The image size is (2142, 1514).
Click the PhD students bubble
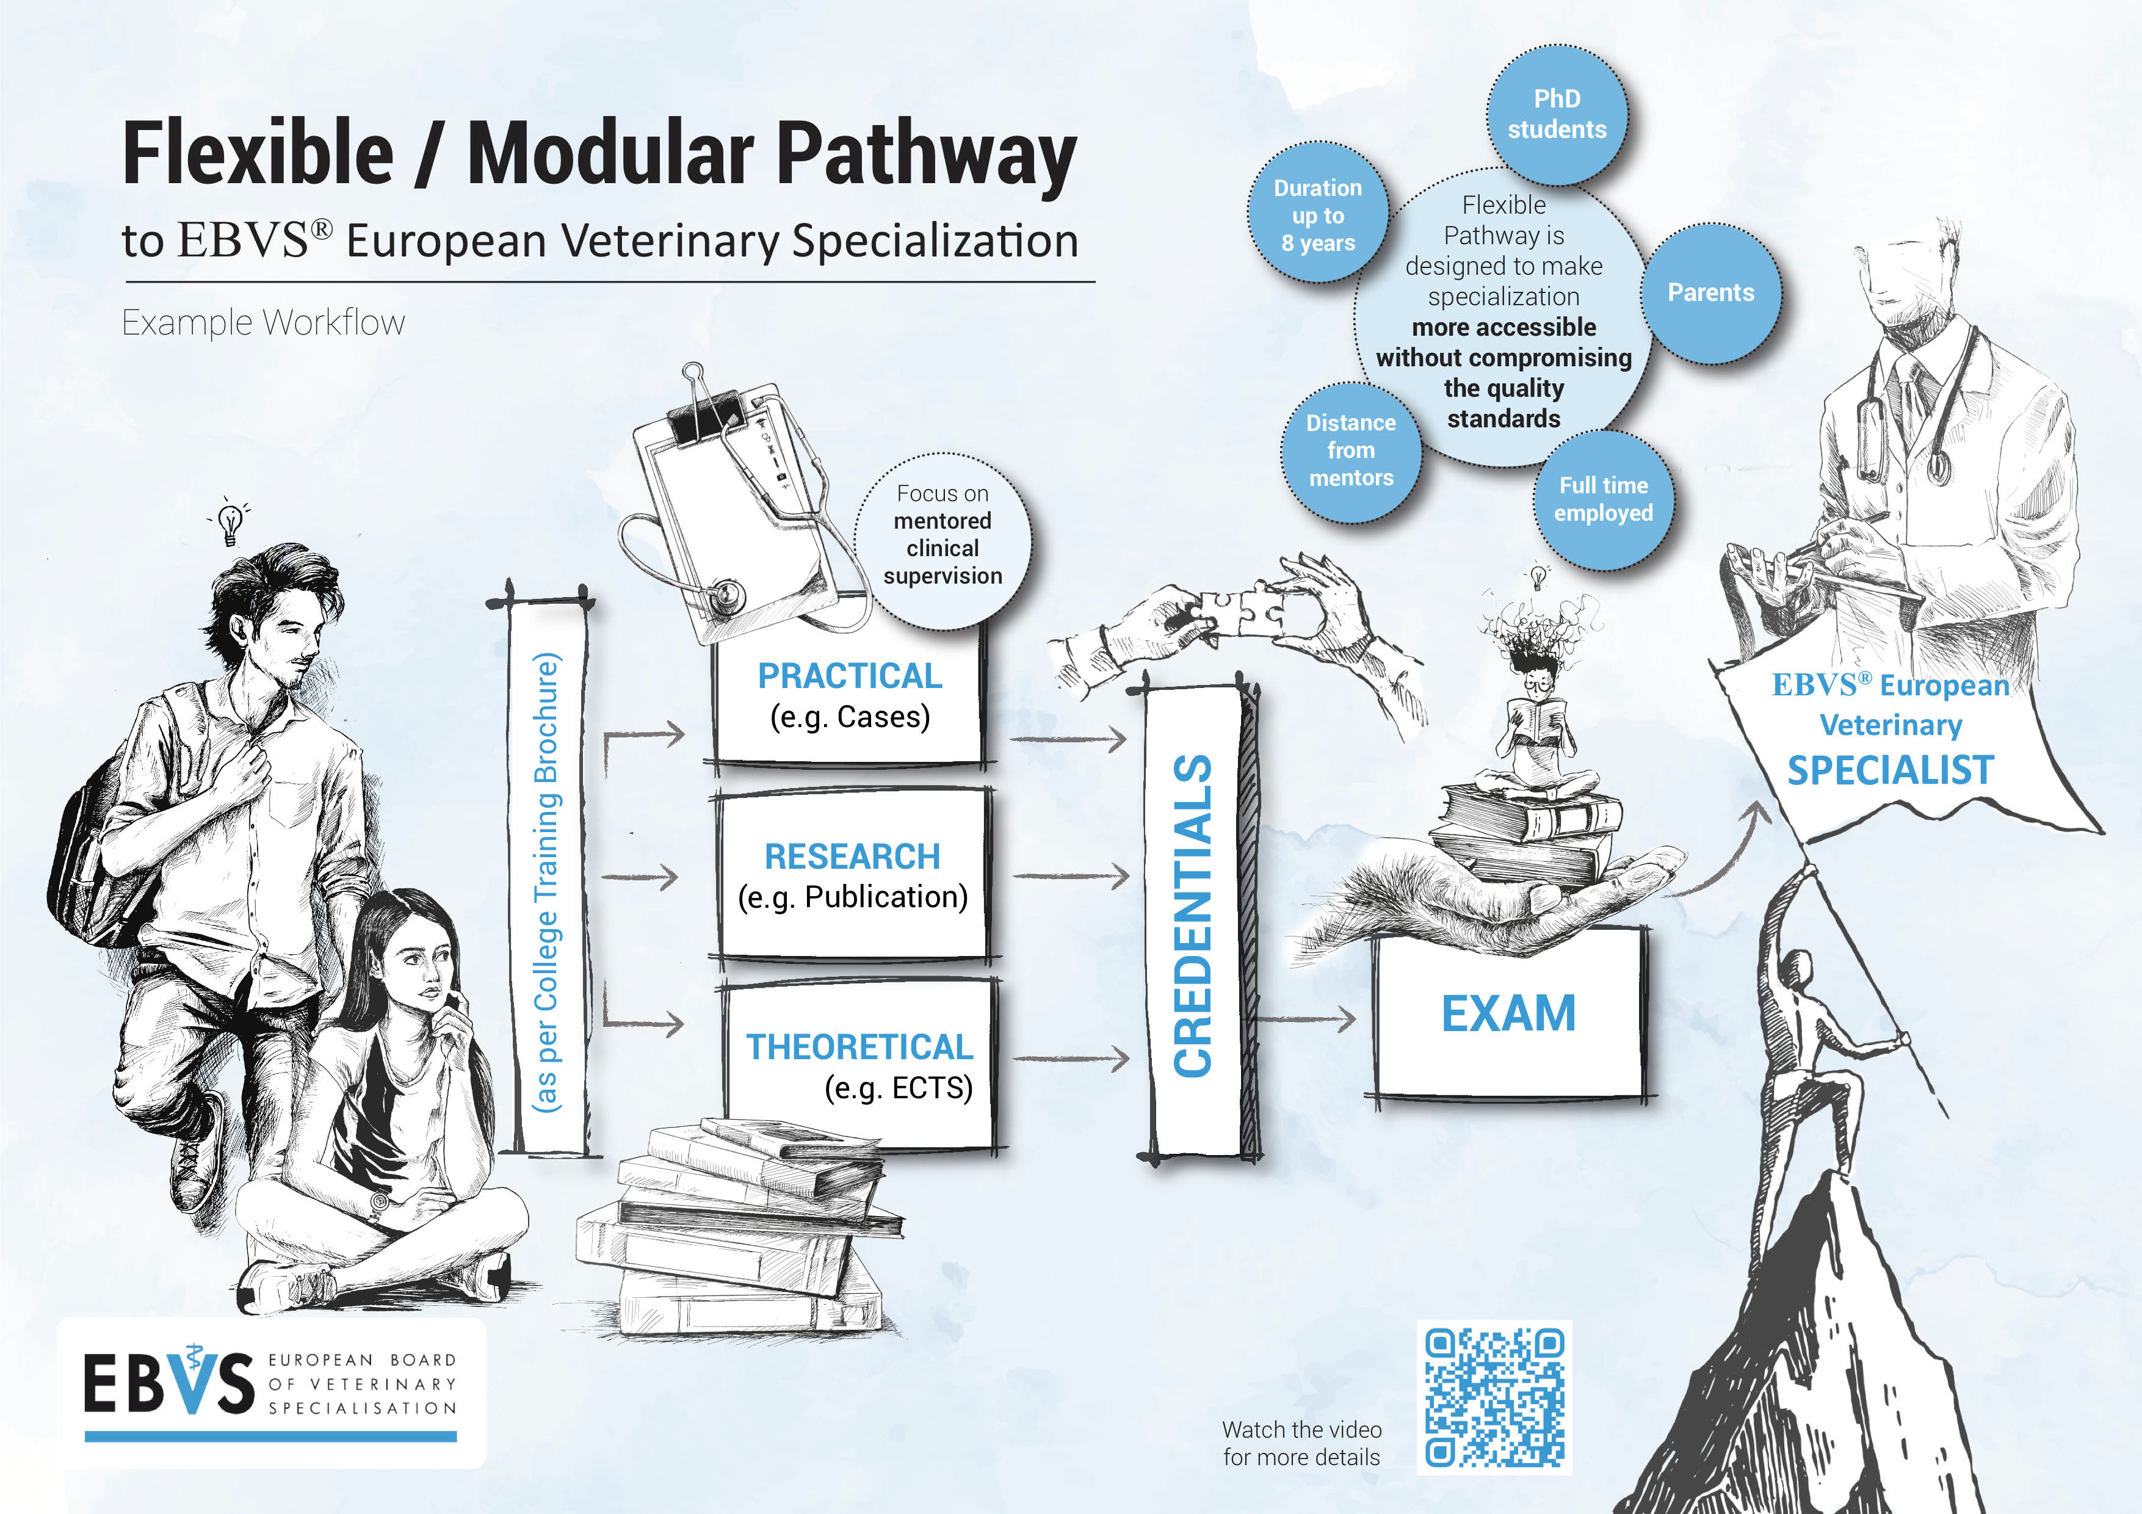click(x=1556, y=114)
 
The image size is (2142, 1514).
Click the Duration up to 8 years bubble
click(x=1317, y=214)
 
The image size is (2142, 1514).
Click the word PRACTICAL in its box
click(x=849, y=675)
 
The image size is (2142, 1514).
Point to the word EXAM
click(x=1508, y=1014)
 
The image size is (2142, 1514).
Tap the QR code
click(x=1494, y=1396)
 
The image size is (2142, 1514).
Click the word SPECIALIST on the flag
click(x=1890, y=770)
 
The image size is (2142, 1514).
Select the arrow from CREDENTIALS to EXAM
click(x=1306, y=1019)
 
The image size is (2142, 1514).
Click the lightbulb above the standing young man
click(x=230, y=523)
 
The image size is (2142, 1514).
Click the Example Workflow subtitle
click(x=263, y=323)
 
